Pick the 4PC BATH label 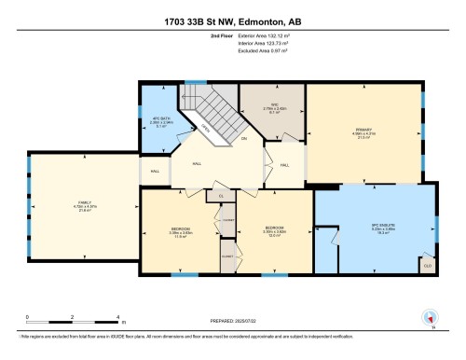[x=158, y=119]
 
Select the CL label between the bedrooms [x=221, y=197]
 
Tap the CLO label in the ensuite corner [x=428, y=265]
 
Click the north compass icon [x=430, y=319]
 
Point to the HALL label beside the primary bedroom [x=285, y=165]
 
